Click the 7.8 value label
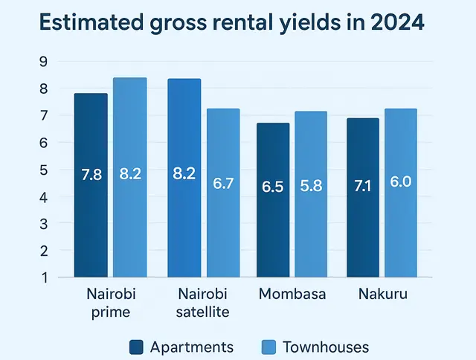(x=91, y=176)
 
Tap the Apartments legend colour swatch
(x=136, y=347)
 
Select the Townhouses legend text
(x=327, y=347)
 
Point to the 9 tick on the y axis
(x=43, y=62)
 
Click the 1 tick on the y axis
(x=43, y=277)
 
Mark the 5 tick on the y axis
(x=43, y=170)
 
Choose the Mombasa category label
(x=292, y=294)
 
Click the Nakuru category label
(x=382, y=294)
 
